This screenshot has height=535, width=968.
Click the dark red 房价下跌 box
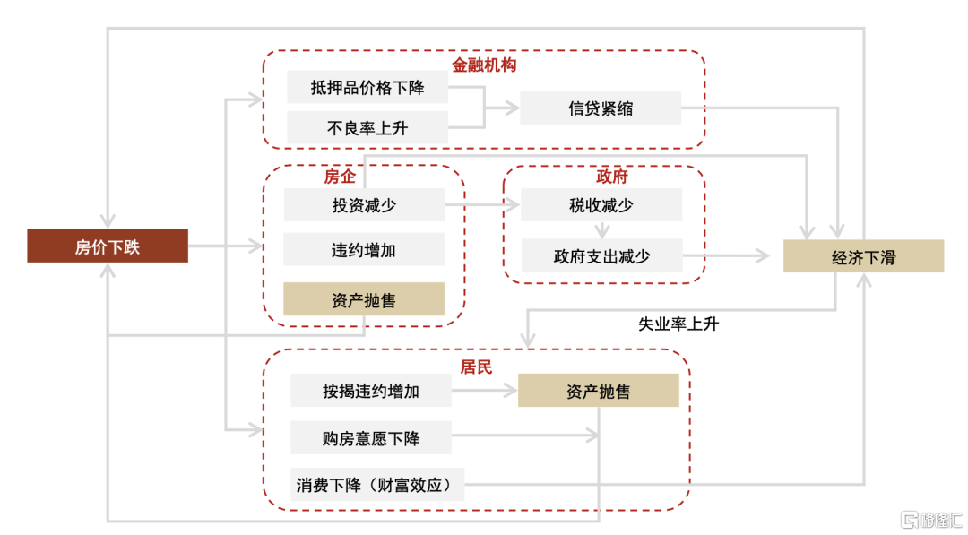coord(108,246)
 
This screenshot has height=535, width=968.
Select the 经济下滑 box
coord(863,256)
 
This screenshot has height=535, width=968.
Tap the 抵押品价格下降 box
coord(367,87)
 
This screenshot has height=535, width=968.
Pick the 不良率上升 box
coord(367,128)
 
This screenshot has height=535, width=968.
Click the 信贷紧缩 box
coord(601,108)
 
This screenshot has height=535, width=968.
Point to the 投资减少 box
coord(364,205)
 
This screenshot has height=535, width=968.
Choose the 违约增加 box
coord(364,250)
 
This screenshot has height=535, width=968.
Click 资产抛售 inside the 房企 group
coord(364,299)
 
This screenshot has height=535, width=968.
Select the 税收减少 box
coord(601,205)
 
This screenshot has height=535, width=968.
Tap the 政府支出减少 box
coord(601,255)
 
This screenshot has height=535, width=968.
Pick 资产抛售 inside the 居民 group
coord(599,391)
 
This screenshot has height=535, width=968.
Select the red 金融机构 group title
coord(484,65)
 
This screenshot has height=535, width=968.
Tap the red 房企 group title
coord(340,177)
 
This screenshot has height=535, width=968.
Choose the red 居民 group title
coord(477,367)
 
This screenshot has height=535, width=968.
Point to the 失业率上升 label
coord(678,324)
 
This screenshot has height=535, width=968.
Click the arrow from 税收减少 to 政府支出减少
coord(601,230)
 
